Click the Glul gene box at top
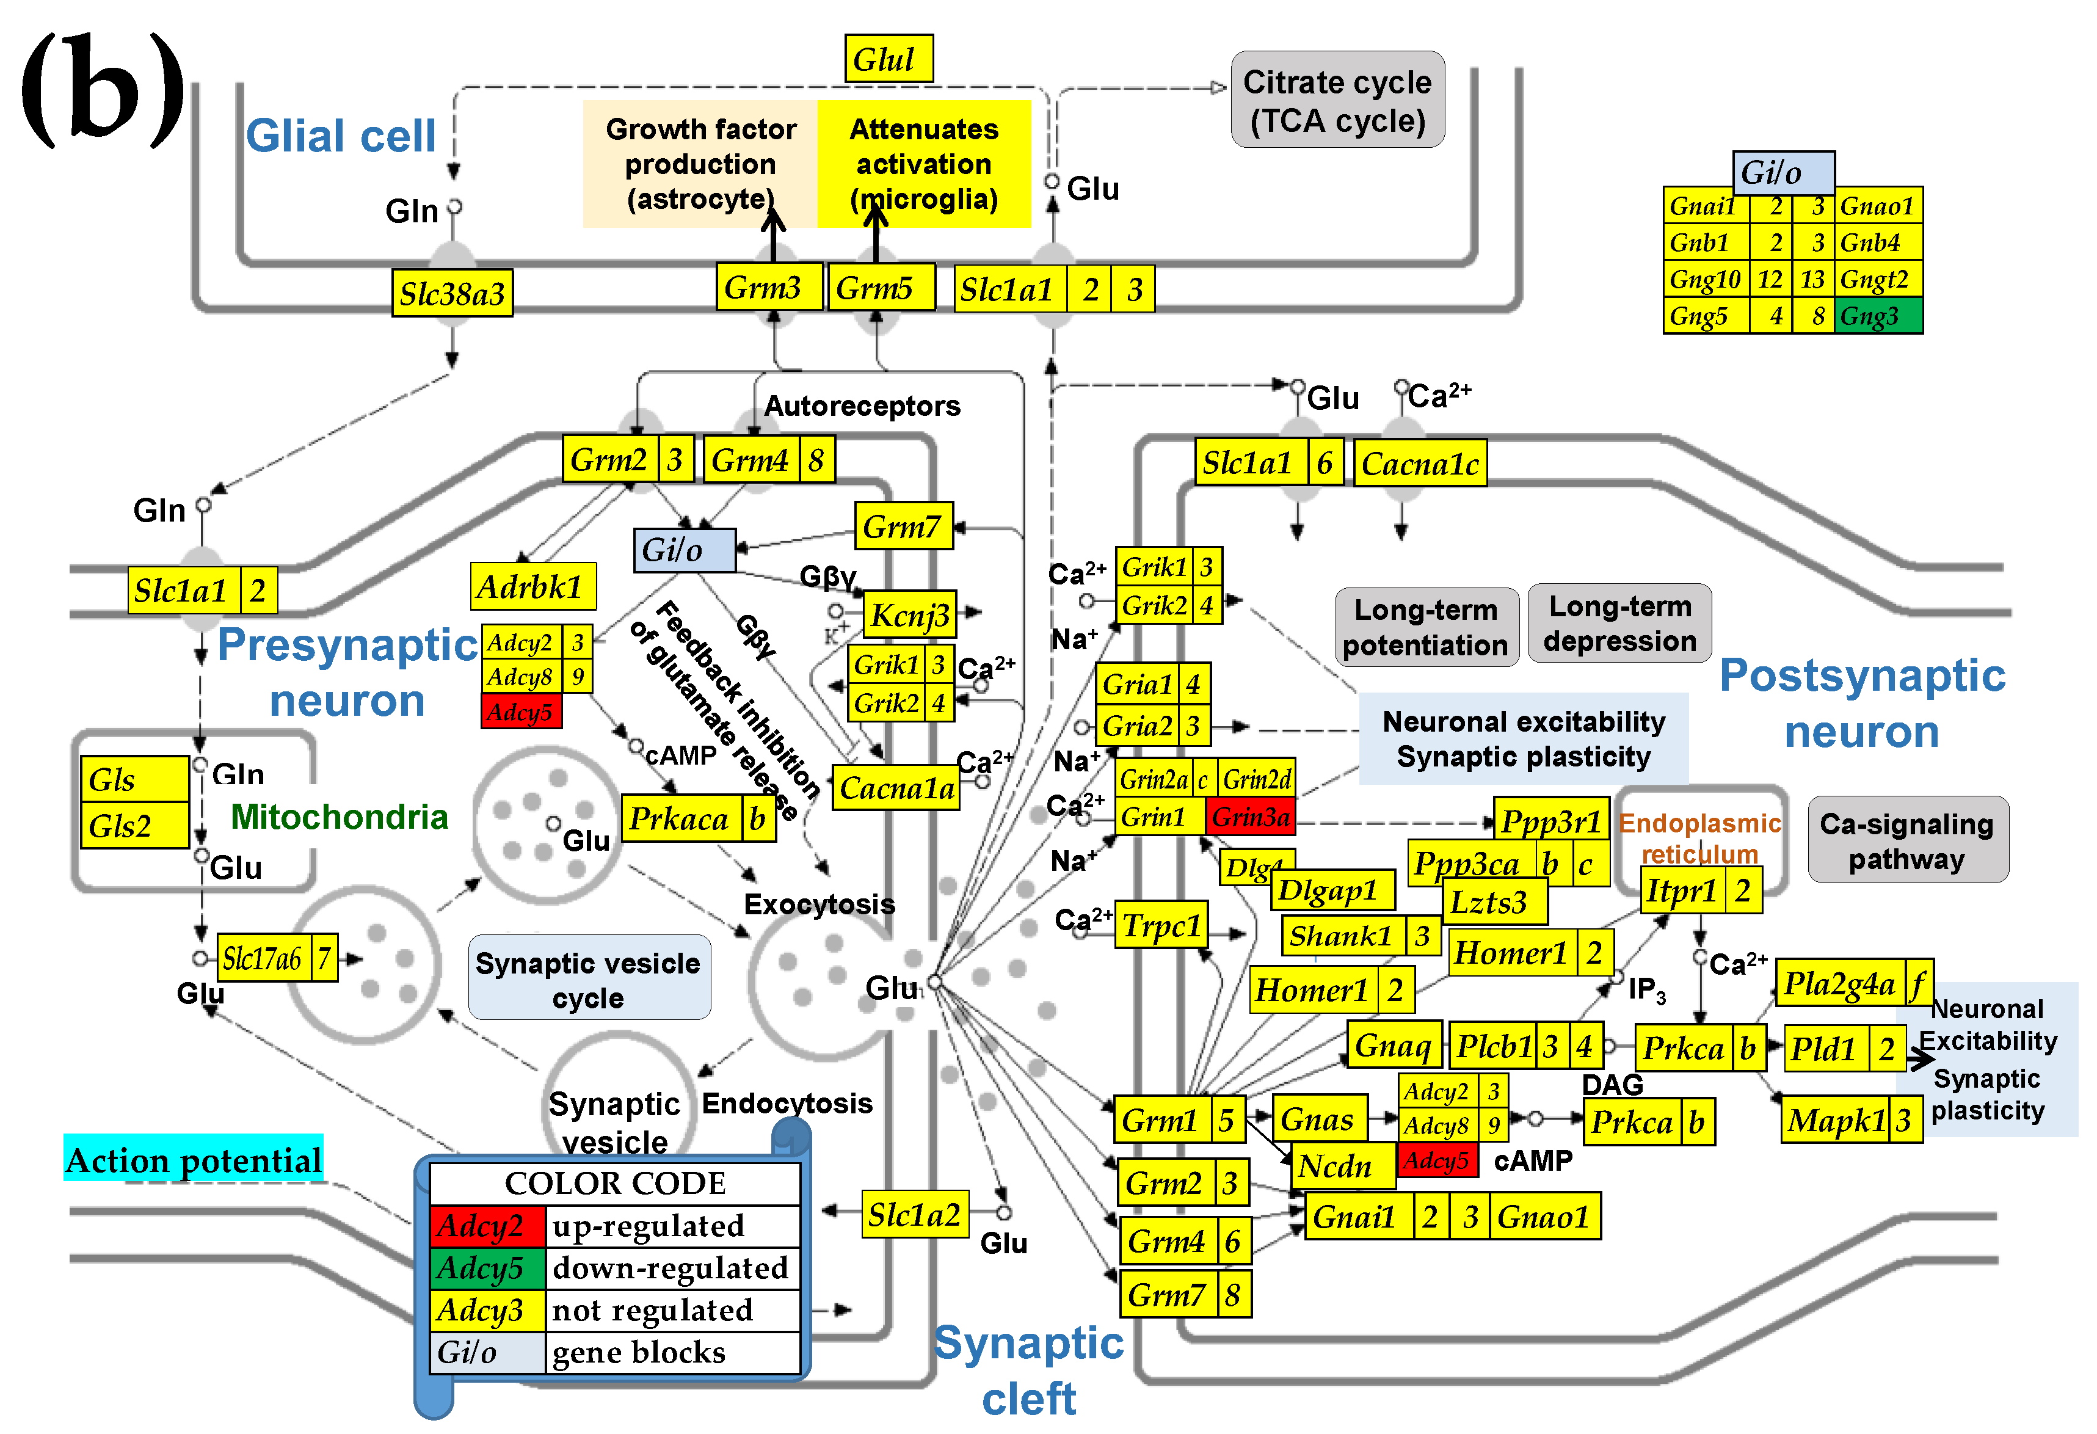click(888, 60)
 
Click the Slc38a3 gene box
click(452, 293)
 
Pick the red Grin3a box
click(1250, 817)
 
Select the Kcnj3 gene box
click(909, 616)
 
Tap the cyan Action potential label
click(194, 1159)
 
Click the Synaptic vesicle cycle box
click(588, 979)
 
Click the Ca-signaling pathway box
click(1906, 840)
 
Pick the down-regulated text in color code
click(671, 1268)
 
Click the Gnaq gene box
click(1392, 1045)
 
